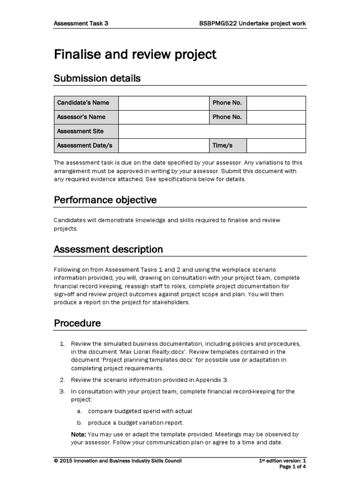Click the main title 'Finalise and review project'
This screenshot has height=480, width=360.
point(135,55)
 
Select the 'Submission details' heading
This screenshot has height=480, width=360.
point(97,78)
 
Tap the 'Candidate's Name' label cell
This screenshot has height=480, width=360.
point(83,103)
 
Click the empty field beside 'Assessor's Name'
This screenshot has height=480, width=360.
point(163,117)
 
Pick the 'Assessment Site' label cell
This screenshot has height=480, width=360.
point(80,131)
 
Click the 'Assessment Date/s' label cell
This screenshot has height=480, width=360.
point(84,145)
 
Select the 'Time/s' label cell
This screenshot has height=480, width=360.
point(222,145)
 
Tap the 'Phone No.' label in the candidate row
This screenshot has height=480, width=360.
point(227,103)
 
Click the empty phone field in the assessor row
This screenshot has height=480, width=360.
point(276,117)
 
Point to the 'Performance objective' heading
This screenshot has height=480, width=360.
point(105,200)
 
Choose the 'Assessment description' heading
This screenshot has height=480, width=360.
point(108,249)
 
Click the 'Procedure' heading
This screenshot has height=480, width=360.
point(77,323)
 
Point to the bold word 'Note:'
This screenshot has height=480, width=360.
point(79,434)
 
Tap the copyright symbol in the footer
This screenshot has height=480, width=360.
point(56,461)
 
